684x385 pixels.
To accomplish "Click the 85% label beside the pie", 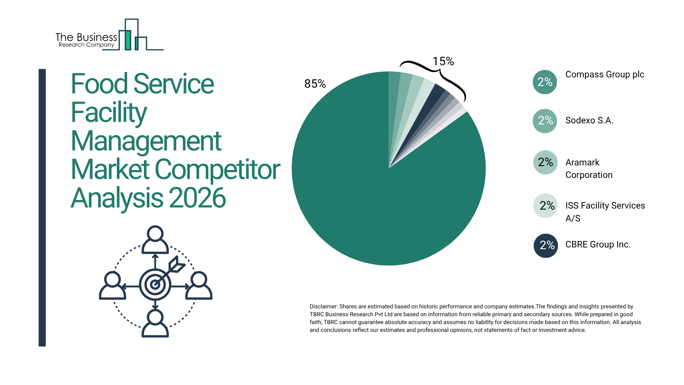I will [x=315, y=84].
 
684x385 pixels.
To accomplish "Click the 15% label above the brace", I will [x=443, y=61].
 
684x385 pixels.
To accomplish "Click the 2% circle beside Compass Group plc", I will [x=545, y=82].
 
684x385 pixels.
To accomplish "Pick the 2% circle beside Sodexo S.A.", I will [x=545, y=120].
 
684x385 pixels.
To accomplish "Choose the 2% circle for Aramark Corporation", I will [x=545, y=162].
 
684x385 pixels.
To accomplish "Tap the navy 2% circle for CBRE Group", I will [x=545, y=245].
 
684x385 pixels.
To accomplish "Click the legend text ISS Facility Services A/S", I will [x=605, y=211].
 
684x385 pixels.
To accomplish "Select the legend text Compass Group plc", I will [x=605, y=75].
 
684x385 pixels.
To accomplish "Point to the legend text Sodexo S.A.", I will [x=589, y=120].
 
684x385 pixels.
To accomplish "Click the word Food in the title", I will [x=99, y=84].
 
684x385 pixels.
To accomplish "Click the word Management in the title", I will [x=146, y=141].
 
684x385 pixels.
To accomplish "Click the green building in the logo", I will [x=128, y=40].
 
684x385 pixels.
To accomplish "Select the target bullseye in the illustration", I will [x=155, y=284].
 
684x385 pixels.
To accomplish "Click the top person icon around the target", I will [x=155, y=240].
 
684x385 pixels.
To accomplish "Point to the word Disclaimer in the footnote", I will [x=323, y=307].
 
